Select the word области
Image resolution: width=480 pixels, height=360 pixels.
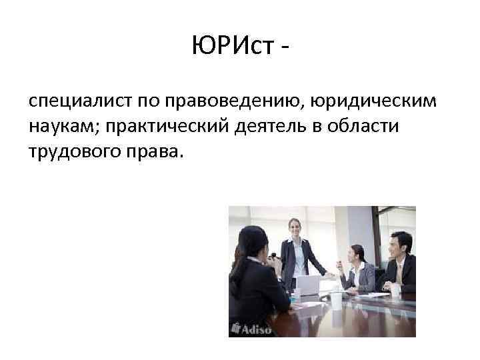(364, 126)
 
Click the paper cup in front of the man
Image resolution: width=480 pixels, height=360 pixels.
(395, 290)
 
